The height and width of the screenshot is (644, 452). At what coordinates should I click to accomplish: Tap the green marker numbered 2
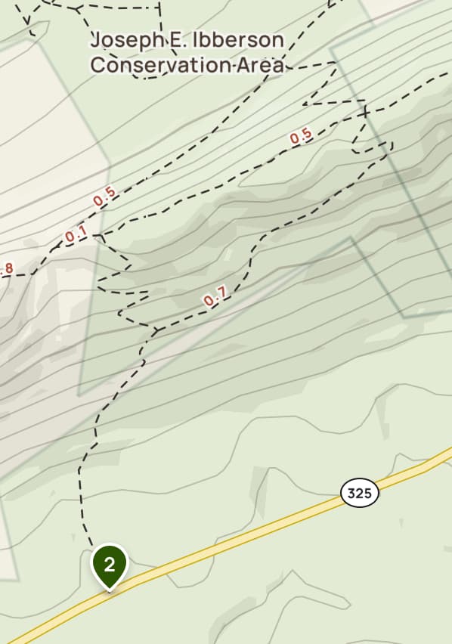point(110,564)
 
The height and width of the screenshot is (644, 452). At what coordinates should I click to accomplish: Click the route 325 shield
point(360,494)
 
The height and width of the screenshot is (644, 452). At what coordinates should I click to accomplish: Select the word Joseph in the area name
point(121,40)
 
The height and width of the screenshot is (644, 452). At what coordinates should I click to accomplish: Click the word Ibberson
point(237,40)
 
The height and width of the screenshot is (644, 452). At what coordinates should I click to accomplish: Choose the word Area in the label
point(262,65)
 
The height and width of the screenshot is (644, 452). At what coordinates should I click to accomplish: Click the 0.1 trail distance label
point(76,235)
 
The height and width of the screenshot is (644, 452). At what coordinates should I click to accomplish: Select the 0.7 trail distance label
point(215,299)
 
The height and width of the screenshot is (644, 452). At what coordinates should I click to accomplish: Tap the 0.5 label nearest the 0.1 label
point(104,196)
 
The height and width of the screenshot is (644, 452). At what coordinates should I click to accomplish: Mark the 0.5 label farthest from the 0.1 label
point(301,136)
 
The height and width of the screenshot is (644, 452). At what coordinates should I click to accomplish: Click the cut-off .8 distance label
point(7,268)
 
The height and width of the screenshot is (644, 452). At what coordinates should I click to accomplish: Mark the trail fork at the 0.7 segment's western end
point(155,330)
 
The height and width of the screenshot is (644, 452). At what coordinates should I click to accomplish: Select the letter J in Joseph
point(95,40)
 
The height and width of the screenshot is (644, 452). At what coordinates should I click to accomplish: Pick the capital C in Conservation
point(97,65)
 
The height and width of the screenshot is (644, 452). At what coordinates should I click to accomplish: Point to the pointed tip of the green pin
point(110,589)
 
